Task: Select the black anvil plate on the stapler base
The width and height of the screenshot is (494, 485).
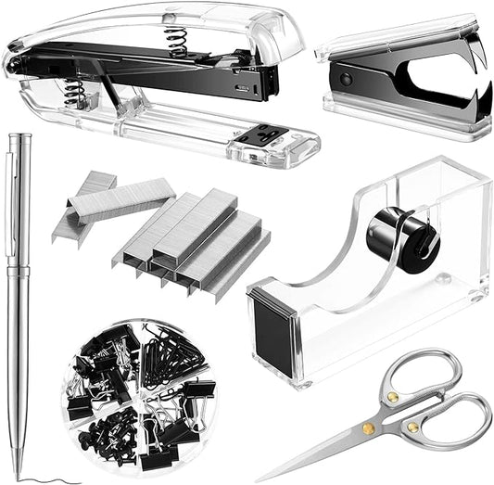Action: (259, 135)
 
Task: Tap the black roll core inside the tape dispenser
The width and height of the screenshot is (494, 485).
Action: (401, 238)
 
